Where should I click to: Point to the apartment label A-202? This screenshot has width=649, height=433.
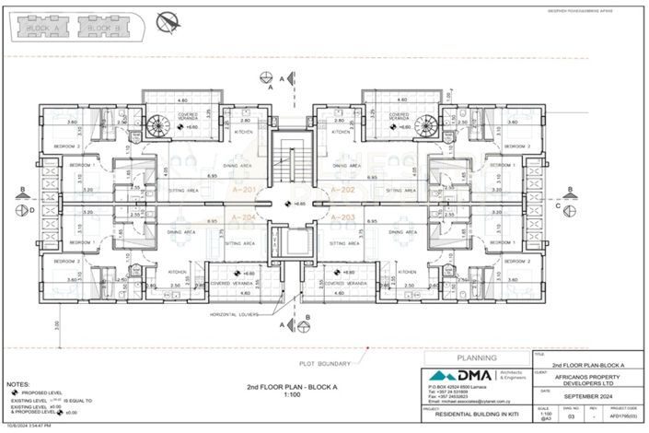(342, 190)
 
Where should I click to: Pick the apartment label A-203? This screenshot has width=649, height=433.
(342, 217)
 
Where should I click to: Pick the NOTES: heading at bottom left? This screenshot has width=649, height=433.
(17, 381)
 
